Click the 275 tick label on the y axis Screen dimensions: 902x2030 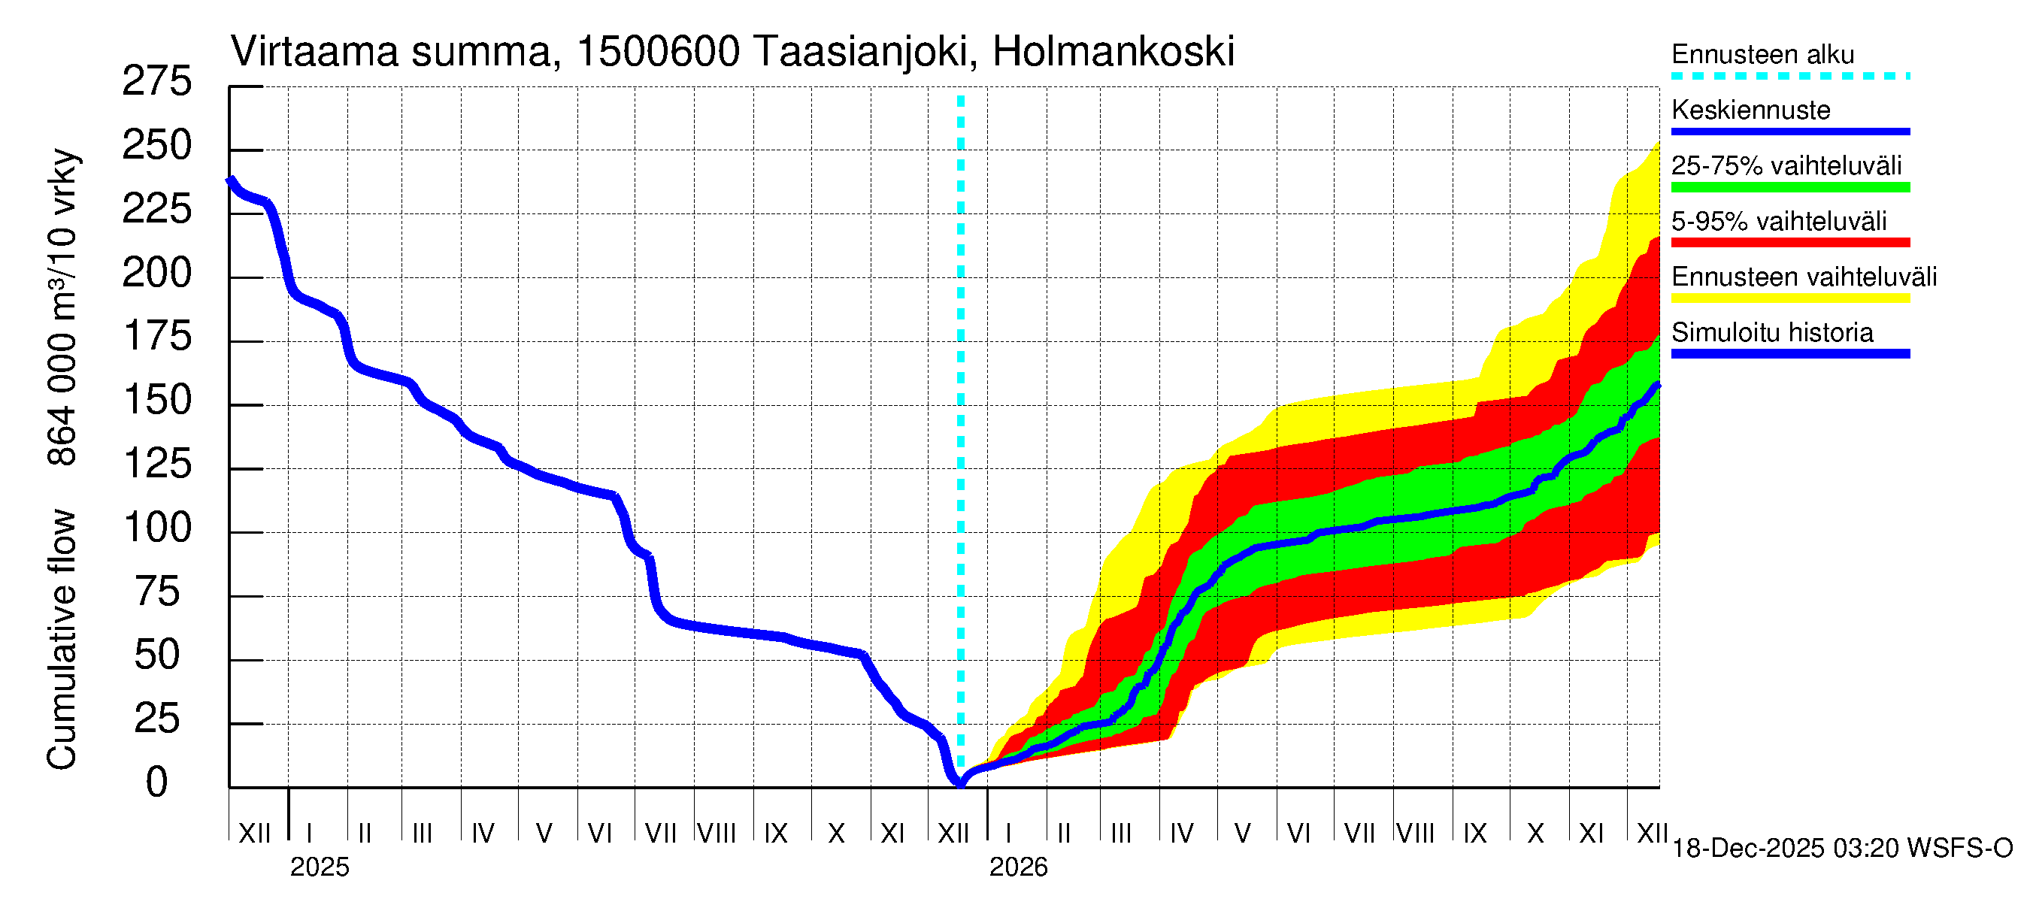(x=156, y=82)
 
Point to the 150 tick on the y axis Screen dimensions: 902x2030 (x=158, y=401)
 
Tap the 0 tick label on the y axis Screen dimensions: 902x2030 (x=157, y=783)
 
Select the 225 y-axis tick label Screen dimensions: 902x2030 (x=156, y=210)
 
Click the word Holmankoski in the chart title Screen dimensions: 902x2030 (x=1113, y=53)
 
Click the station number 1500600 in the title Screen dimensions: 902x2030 (x=658, y=53)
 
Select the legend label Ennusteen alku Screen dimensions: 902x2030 (x=1762, y=55)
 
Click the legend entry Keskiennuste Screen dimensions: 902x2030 (x=1750, y=110)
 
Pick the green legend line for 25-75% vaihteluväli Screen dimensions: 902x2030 (x=1789, y=187)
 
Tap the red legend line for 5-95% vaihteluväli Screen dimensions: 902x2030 (x=1789, y=243)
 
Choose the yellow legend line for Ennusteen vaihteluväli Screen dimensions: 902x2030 (x=1789, y=298)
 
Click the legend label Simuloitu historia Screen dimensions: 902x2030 (x=1771, y=333)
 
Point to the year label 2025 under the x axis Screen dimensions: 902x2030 (x=319, y=867)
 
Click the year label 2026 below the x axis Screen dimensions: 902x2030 (x=1018, y=867)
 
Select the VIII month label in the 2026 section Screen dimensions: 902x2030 (x=1415, y=834)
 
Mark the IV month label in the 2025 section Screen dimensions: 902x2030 (x=482, y=834)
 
